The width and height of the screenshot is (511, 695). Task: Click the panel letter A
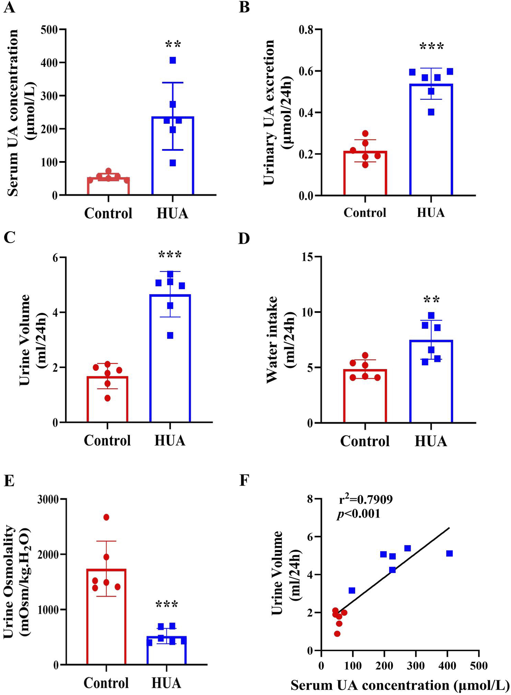[x=9, y=7]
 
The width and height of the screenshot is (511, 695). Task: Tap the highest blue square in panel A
[x=173, y=60]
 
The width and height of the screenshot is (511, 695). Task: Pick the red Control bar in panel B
[x=365, y=173]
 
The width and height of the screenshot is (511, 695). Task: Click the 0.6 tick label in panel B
[x=306, y=72]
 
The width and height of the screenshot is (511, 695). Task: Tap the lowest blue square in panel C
[x=170, y=336]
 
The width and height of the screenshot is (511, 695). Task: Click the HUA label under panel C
[x=170, y=440]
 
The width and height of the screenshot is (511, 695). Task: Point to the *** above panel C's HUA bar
[x=170, y=256]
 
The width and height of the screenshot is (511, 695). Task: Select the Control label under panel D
[x=365, y=441]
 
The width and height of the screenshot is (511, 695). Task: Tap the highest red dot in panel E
[x=106, y=517]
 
